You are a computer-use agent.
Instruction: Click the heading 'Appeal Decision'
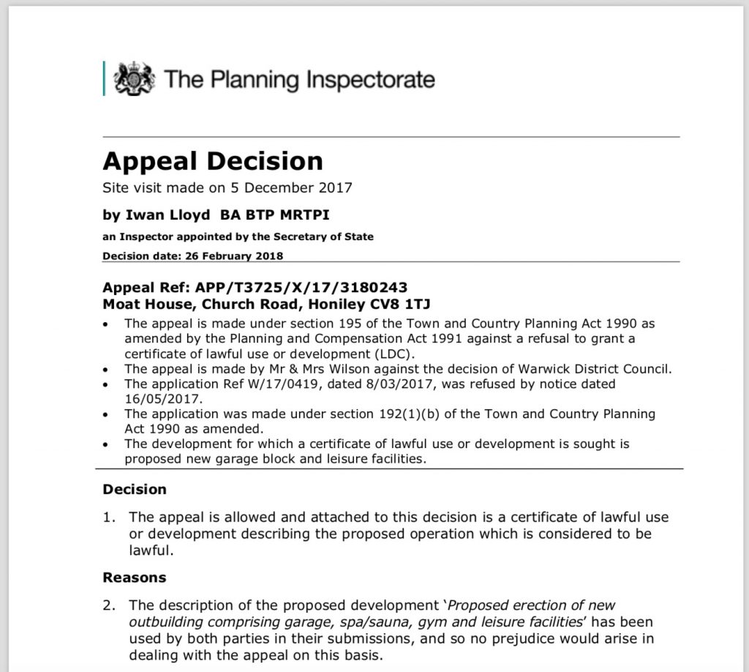(x=212, y=161)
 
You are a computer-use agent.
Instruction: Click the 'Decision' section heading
(x=135, y=489)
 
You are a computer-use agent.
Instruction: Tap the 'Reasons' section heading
(x=135, y=578)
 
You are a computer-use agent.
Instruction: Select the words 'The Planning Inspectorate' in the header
(x=299, y=79)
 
